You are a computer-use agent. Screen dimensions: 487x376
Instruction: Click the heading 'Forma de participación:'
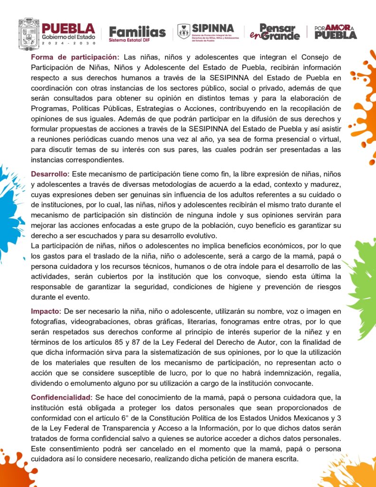[x=74, y=57]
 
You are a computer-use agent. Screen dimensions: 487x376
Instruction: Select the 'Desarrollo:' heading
[x=50, y=174]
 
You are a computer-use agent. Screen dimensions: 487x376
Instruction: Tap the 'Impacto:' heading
[x=46, y=311]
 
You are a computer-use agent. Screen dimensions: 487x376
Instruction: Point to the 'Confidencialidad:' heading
[x=61, y=397]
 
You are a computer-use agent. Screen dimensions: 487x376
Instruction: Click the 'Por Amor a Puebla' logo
[x=336, y=32]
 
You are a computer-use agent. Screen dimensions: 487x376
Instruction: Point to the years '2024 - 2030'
[x=68, y=43]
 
